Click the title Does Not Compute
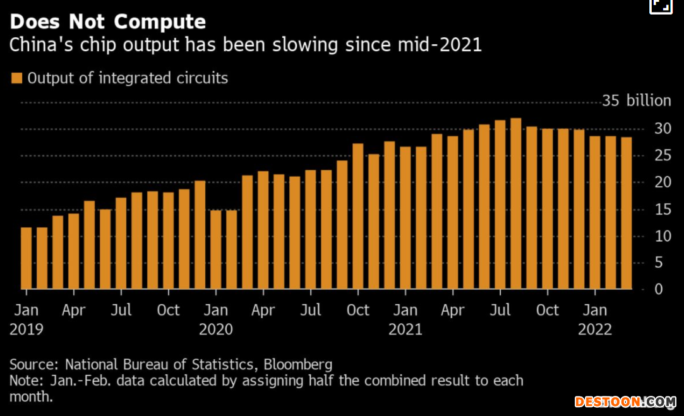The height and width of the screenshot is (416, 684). (x=108, y=22)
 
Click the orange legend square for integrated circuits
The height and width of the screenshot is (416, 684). (x=16, y=78)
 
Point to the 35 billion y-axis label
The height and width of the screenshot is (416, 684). (x=636, y=101)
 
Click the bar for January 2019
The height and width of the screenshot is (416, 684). (x=26, y=258)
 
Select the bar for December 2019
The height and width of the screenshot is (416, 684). (x=200, y=235)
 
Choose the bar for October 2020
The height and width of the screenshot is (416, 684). (x=357, y=217)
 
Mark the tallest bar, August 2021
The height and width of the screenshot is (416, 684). (x=515, y=203)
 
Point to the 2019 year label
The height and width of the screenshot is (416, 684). (x=27, y=330)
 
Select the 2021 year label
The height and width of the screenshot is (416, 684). (x=405, y=330)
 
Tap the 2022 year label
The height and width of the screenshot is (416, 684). (x=595, y=330)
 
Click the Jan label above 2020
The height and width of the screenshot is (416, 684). (x=216, y=311)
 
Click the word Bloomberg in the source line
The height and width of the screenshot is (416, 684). (x=298, y=364)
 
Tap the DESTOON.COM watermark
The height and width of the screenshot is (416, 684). (x=625, y=401)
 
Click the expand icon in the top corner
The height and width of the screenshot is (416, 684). (x=661, y=6)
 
